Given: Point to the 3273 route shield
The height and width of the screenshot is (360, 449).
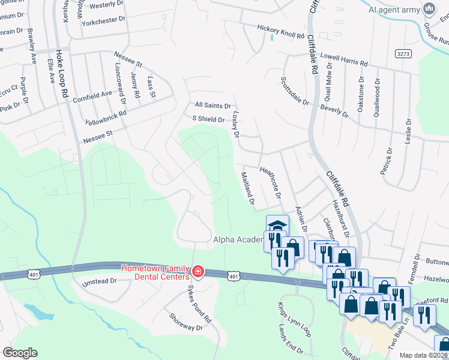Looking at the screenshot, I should coord(403,54).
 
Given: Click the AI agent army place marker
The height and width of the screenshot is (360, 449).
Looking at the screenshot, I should coord(429,9).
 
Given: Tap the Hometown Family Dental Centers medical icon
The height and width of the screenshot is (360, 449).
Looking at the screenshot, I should coord(197,273).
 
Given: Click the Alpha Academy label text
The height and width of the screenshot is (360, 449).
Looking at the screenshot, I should coord(239,240).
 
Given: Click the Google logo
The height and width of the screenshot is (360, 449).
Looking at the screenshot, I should coord(19,353).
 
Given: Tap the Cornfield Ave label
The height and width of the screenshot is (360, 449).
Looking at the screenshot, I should coord(92,94).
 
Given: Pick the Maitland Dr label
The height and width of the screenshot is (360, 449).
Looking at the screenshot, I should coord(248,187).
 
